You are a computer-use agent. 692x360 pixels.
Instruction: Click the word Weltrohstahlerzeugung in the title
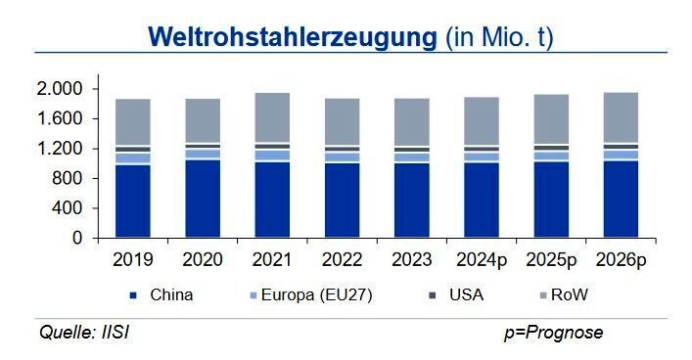click(291, 37)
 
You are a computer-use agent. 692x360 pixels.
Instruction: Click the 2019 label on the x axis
click(132, 261)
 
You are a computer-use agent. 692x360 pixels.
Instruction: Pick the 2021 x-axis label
click(272, 261)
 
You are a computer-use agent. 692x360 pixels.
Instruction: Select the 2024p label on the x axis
click(481, 261)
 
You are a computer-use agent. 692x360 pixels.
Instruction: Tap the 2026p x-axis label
click(620, 261)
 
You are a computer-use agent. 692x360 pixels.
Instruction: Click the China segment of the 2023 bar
click(411, 201)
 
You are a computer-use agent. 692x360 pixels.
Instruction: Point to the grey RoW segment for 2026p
click(620, 117)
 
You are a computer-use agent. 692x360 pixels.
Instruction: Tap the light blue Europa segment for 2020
click(203, 154)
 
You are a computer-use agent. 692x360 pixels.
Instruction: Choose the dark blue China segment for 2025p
click(550, 200)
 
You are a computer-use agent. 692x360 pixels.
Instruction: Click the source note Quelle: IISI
click(84, 333)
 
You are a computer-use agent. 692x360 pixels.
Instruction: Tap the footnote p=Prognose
click(553, 333)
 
